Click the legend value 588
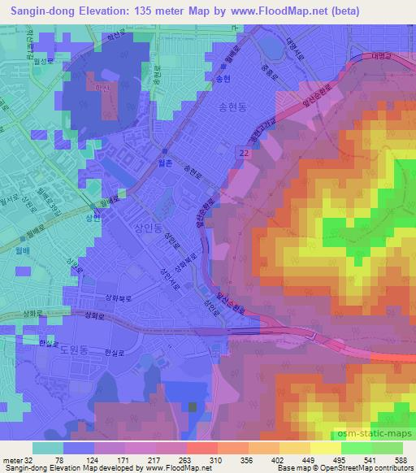tap(401, 460)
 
